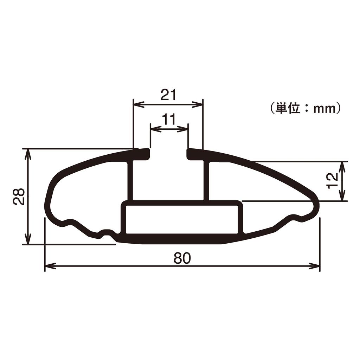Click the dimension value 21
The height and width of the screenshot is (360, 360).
[168, 95]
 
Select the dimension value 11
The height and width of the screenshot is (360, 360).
[169, 120]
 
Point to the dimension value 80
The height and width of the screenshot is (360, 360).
[182, 258]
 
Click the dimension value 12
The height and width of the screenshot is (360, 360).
[332, 181]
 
